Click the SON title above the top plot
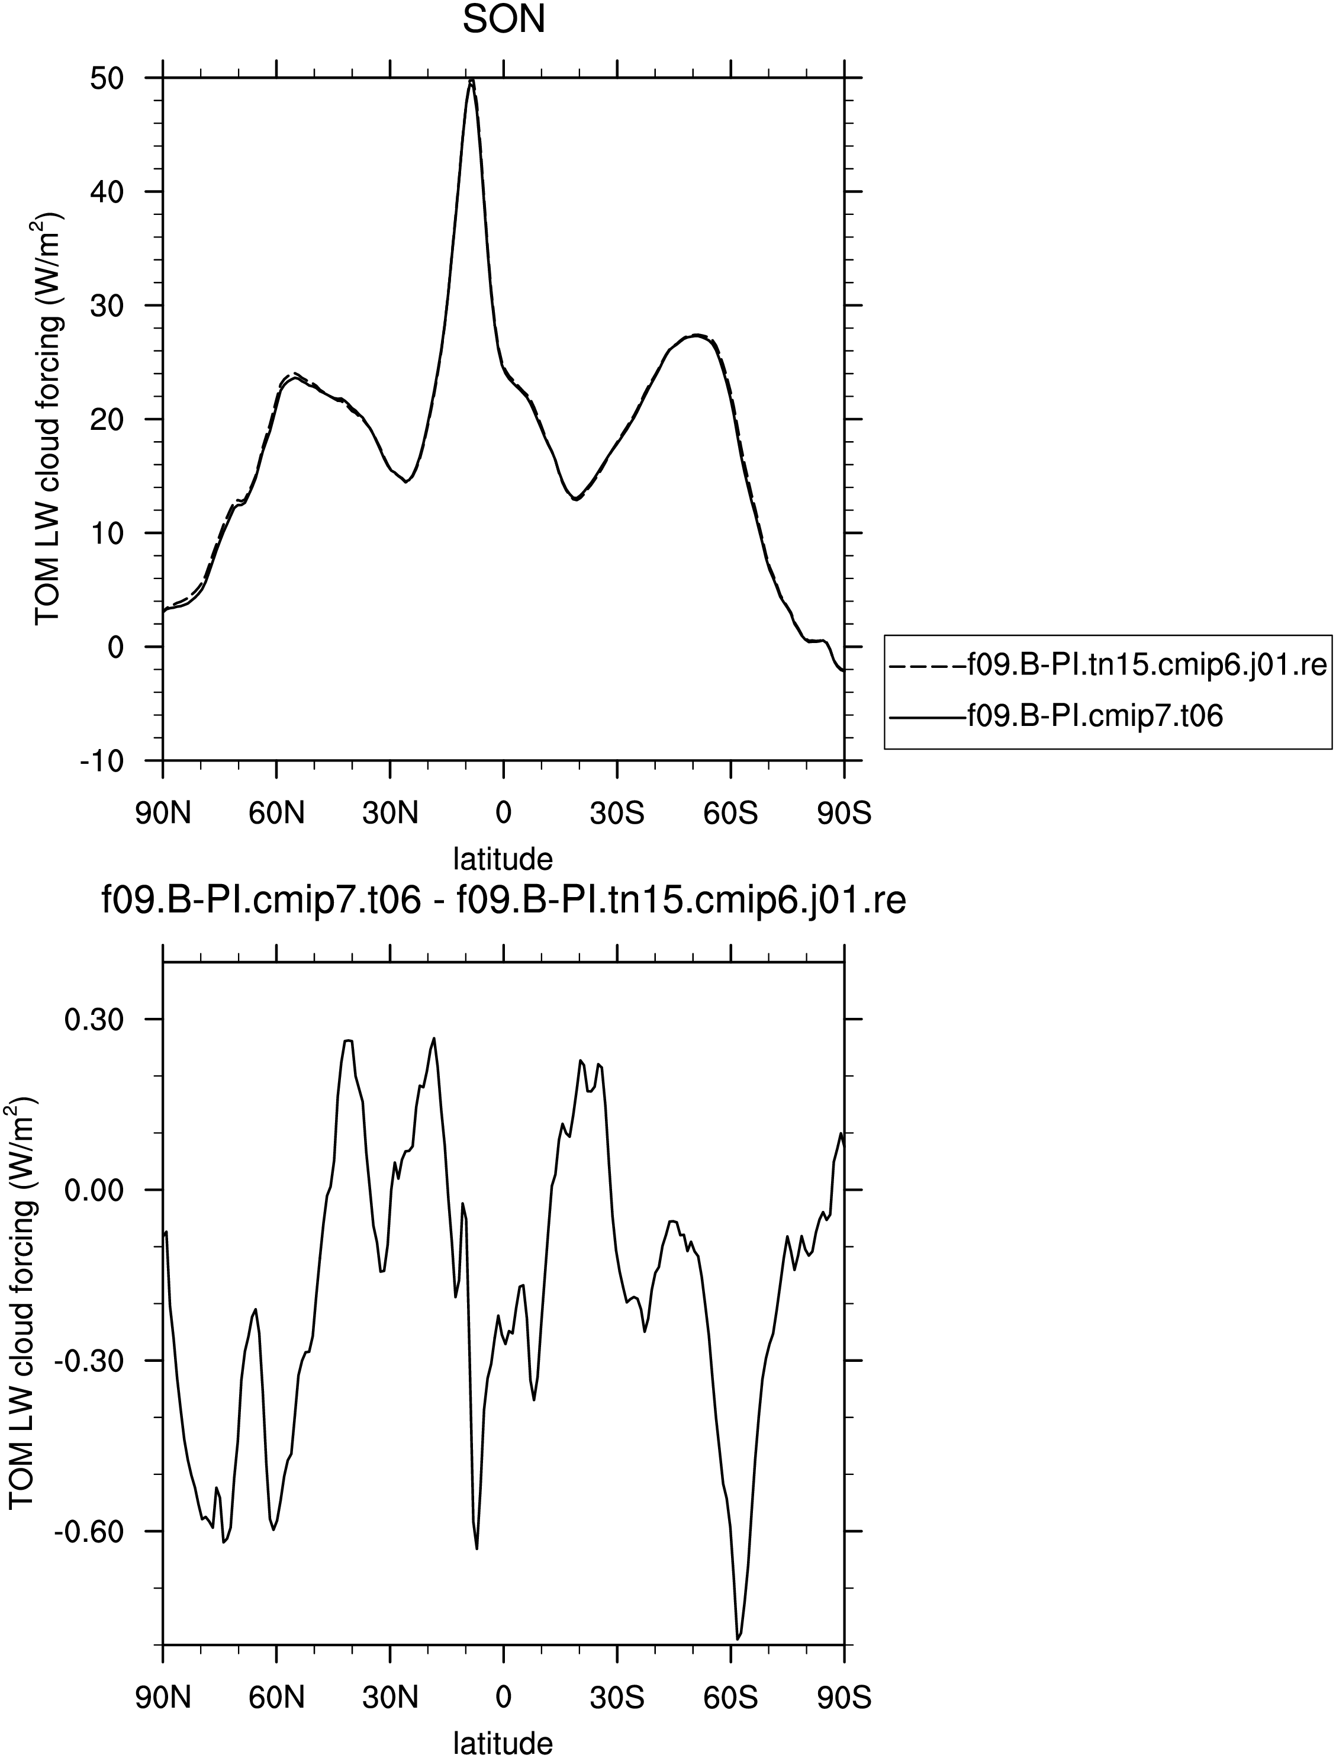click(x=504, y=20)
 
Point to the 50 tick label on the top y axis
click(x=107, y=78)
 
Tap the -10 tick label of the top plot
click(x=102, y=760)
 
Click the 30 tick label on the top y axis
click(x=107, y=306)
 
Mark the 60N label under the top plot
click(x=277, y=815)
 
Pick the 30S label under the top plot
click(x=617, y=815)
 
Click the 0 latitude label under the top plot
click(x=503, y=815)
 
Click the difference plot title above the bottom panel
click(x=504, y=903)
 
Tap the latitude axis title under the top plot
click(x=503, y=859)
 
